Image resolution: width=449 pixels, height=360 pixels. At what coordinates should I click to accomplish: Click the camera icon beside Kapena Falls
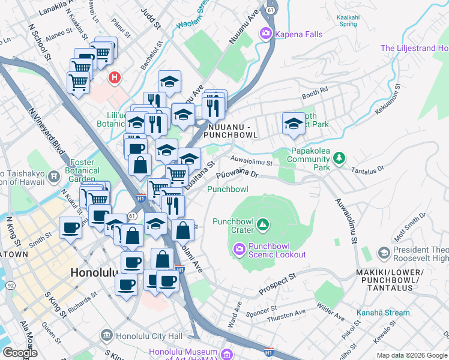pyautogui.click(x=265, y=34)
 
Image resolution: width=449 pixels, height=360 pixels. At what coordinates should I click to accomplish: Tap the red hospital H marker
pyautogui.click(x=114, y=77)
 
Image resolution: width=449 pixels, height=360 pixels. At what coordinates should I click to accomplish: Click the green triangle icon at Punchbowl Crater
pyautogui.click(x=262, y=225)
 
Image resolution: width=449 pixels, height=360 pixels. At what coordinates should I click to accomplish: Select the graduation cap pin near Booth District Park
pyautogui.click(x=294, y=124)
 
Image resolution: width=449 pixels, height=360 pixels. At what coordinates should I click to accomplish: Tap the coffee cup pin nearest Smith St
pyautogui.click(x=71, y=228)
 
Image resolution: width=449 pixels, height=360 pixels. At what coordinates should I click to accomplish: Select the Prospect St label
pyautogui.click(x=278, y=284)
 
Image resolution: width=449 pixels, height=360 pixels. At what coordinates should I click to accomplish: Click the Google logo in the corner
pyautogui.click(x=20, y=353)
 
